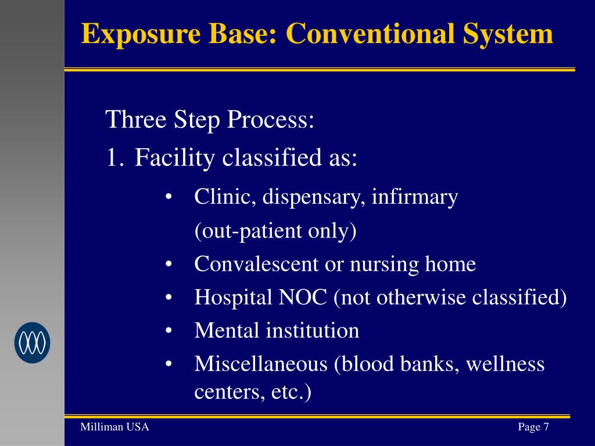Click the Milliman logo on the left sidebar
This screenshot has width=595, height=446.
[x=33, y=343]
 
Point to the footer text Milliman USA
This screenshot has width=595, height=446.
[x=114, y=427]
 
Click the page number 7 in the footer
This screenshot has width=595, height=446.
[x=546, y=427]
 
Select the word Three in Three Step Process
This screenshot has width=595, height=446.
[x=135, y=121]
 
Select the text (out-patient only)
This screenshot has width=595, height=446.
[x=275, y=232]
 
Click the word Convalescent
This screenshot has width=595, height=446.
[x=257, y=265]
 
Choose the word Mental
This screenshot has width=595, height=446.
[x=227, y=331]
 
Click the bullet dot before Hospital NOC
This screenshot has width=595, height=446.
[x=169, y=298]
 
